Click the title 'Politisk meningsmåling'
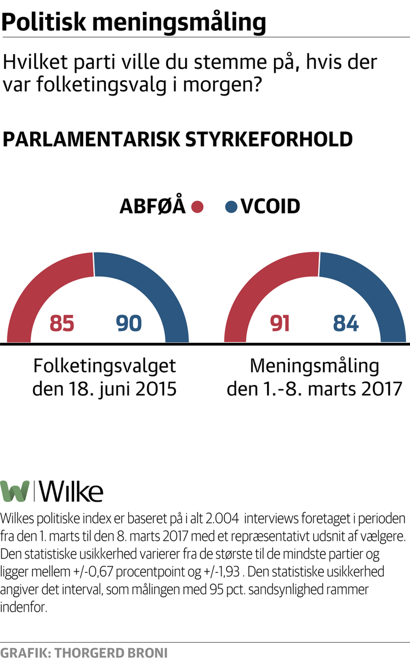pyautogui.click(x=134, y=23)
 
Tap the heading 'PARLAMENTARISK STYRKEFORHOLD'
pyautogui.click(x=178, y=140)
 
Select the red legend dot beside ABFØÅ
pyautogui.click(x=198, y=206)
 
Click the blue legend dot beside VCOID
pyautogui.click(x=231, y=206)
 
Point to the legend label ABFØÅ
pyautogui.click(x=153, y=206)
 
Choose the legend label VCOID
pyautogui.click(x=270, y=206)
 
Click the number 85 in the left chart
pyautogui.click(x=63, y=324)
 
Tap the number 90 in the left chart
pyautogui.click(x=128, y=324)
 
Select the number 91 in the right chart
pyautogui.click(x=280, y=324)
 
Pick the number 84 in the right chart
pyautogui.click(x=346, y=324)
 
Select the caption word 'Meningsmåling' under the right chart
pyautogui.click(x=314, y=365)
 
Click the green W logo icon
pyautogui.click(x=15, y=491)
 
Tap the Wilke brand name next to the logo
pyautogui.click(x=72, y=491)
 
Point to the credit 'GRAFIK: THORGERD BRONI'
pyautogui.click(x=84, y=652)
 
